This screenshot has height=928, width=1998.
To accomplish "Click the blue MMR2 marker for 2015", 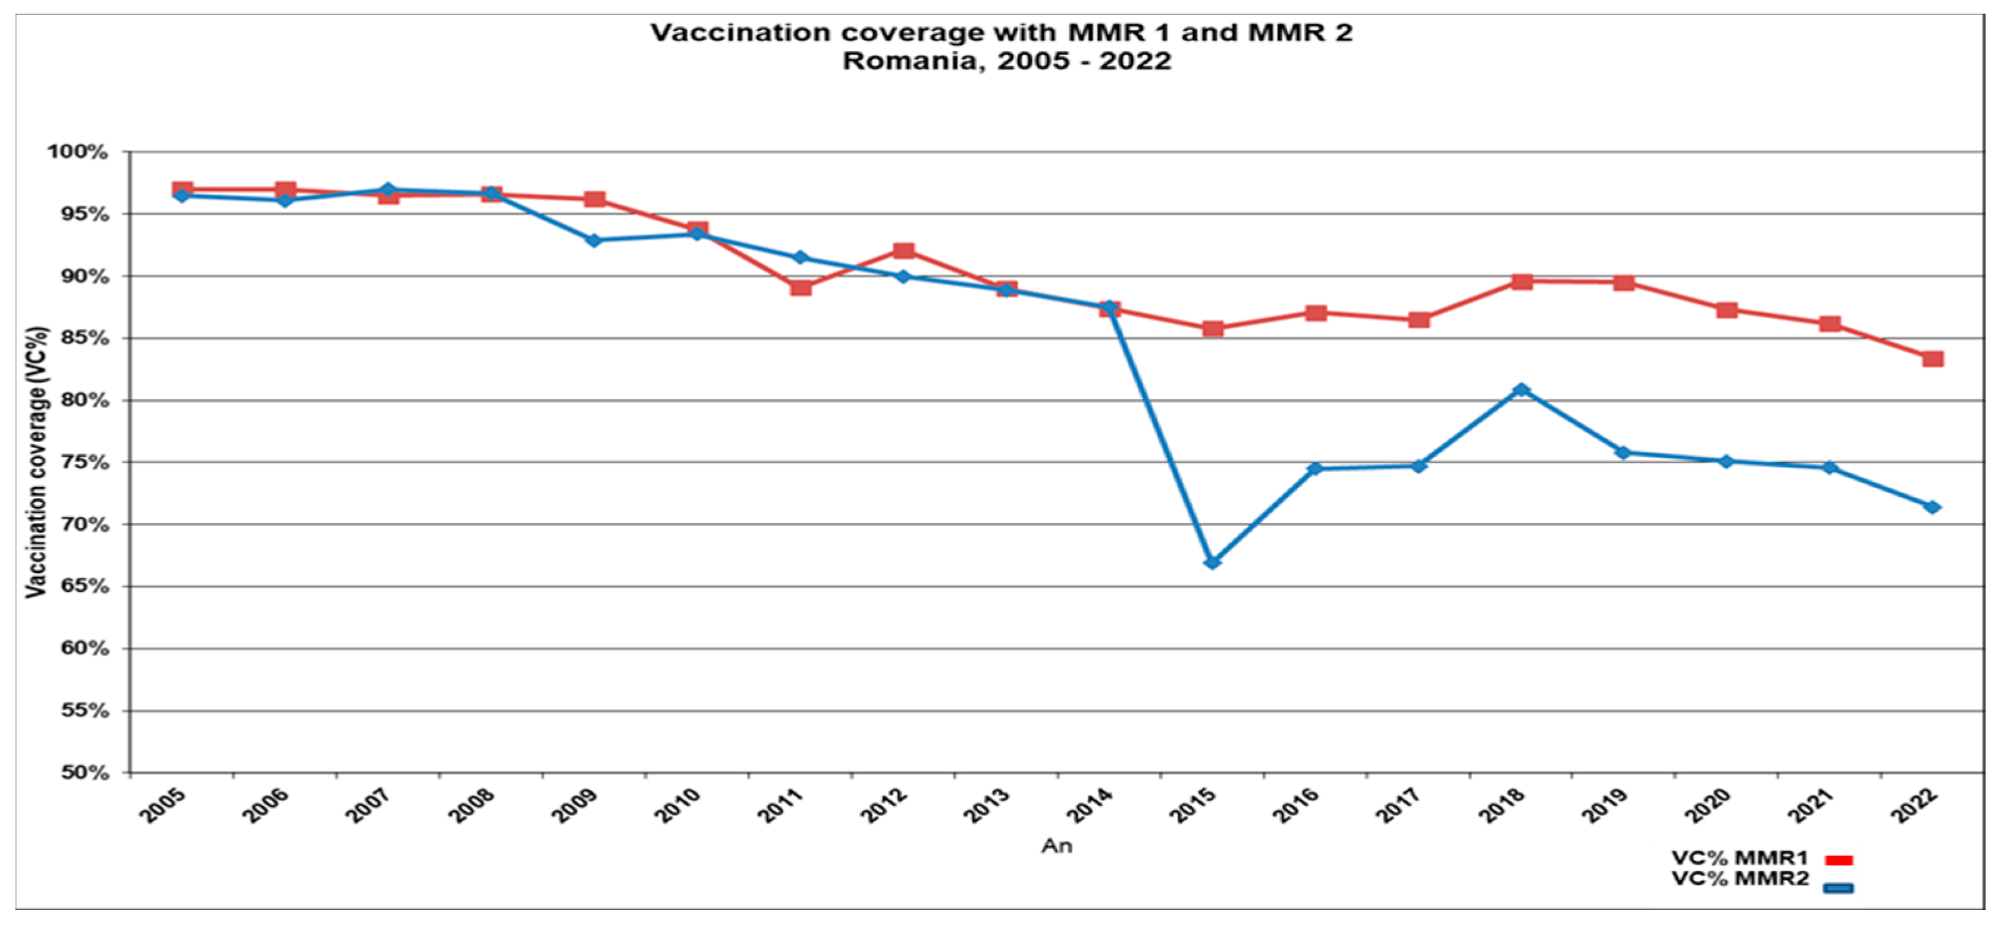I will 1212,562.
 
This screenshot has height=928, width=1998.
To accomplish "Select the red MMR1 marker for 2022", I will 1933,359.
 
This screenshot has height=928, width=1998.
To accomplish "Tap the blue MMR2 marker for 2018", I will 1522,390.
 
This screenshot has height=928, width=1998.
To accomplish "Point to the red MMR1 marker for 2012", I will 904,251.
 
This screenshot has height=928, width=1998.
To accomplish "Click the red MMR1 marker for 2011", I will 801,287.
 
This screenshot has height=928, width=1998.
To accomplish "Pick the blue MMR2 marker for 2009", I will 594,241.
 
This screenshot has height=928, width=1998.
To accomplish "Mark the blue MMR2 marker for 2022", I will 1933,507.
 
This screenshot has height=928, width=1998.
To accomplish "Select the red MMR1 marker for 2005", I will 182,190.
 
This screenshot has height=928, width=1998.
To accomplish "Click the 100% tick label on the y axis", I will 77,152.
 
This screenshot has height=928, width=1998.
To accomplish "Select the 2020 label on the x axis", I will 1708,807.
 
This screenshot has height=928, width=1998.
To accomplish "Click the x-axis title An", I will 1056,846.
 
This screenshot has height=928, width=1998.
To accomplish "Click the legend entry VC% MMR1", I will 1739,858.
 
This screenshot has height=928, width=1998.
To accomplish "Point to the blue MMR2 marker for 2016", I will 1316,468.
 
